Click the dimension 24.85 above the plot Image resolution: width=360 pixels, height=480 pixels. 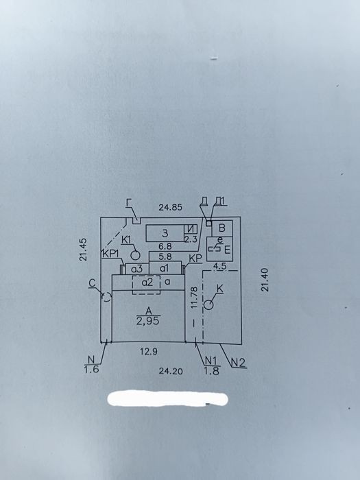pos(171,207)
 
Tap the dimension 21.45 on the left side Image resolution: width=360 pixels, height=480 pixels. pos(83,250)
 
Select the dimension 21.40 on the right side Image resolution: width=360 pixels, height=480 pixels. pos(265,280)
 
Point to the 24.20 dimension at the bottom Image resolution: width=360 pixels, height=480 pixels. pos(171,371)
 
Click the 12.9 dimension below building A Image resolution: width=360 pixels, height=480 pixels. pos(149,352)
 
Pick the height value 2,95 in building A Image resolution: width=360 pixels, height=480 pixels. pos(148,322)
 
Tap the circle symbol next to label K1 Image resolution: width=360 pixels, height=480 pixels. pos(135,254)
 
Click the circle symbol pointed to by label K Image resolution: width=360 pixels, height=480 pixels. pos(208,305)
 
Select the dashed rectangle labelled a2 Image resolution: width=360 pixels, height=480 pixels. pos(146,285)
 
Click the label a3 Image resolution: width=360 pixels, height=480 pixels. pos(137,269)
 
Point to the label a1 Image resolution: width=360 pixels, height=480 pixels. pos(165,269)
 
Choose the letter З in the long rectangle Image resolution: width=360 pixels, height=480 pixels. pos(165,234)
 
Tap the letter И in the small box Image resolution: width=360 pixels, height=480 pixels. pos(191,229)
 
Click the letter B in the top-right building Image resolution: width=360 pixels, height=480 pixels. pos(223,228)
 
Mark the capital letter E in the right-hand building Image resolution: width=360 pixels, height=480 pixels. pos(227,250)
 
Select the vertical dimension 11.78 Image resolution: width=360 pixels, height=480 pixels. pos(194,297)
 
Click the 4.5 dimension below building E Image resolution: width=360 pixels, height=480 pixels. pos(219,266)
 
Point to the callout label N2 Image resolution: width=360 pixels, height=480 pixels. pos(238,363)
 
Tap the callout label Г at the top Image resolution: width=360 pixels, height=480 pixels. pos(129,203)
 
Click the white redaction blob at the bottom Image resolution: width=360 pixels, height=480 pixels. pos(168,398)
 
